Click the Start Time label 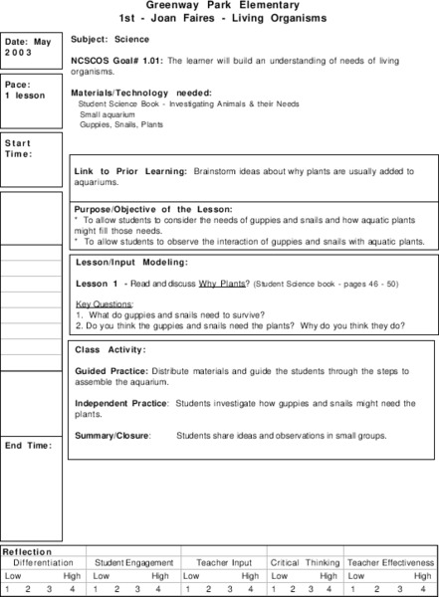click(x=19, y=148)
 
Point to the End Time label click(x=27, y=445)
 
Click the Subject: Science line click(x=110, y=40)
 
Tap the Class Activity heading click(x=110, y=350)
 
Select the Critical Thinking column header click(x=304, y=563)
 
